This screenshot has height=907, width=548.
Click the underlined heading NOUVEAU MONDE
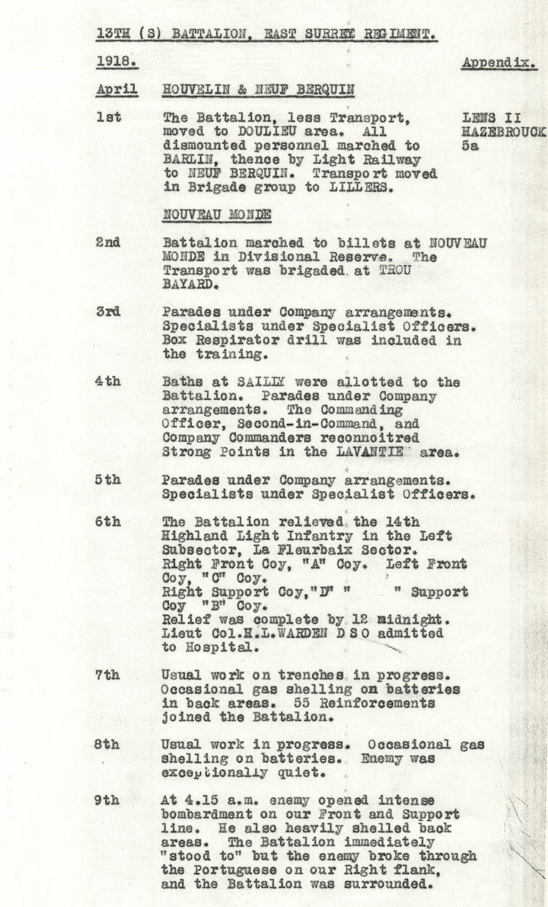click(217, 214)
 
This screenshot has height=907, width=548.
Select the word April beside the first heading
click(116, 90)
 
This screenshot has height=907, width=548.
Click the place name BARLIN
click(186, 161)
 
